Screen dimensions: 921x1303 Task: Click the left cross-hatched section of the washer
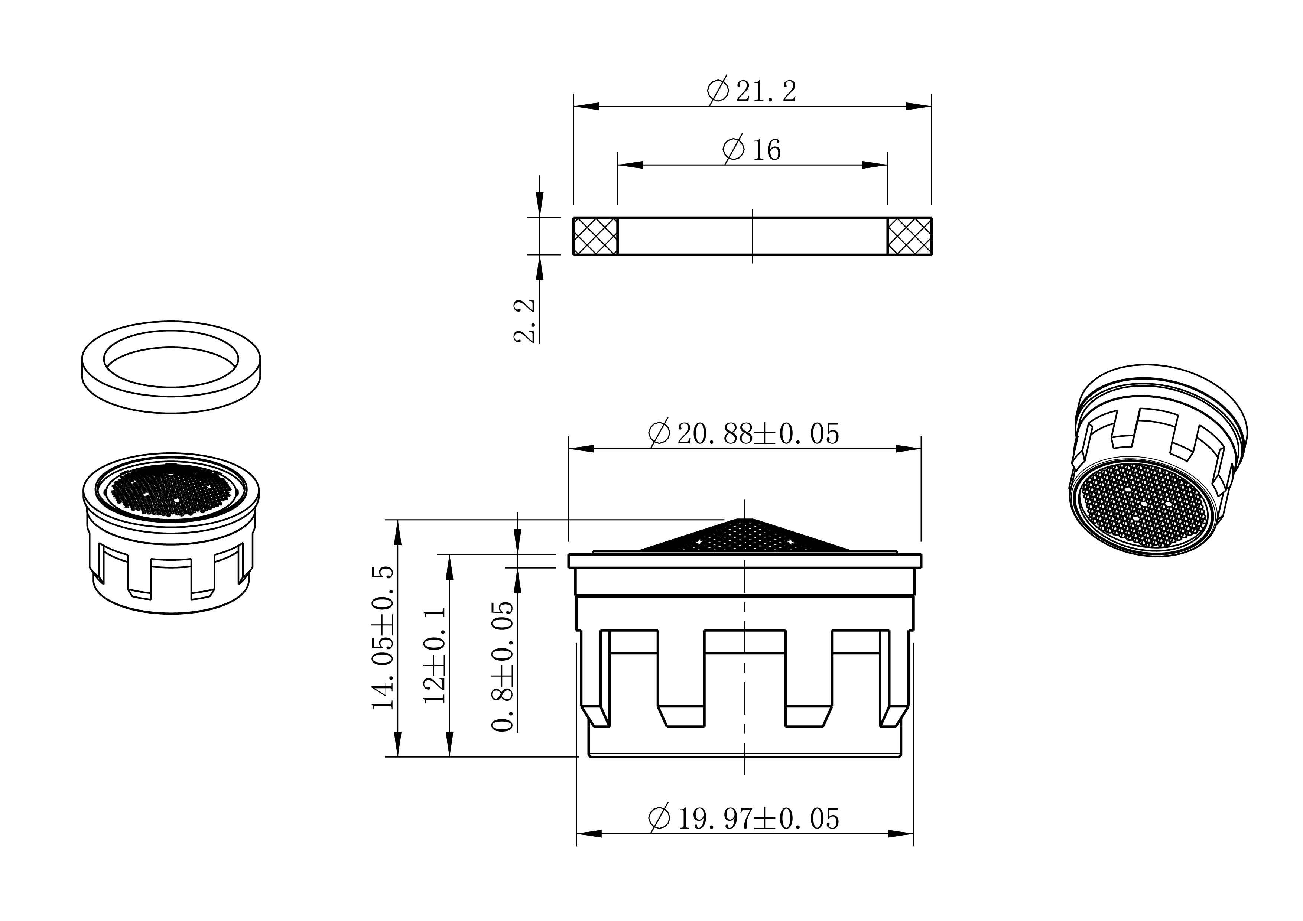coord(595,236)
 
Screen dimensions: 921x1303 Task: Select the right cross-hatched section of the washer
coord(909,236)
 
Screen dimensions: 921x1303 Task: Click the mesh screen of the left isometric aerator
coord(171,489)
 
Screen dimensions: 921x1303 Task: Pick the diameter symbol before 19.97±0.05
coord(659,819)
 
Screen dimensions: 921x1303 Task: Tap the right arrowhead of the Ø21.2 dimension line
coord(918,106)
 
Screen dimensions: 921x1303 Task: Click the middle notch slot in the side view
coord(745,679)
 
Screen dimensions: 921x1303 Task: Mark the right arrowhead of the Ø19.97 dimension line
coord(901,834)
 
